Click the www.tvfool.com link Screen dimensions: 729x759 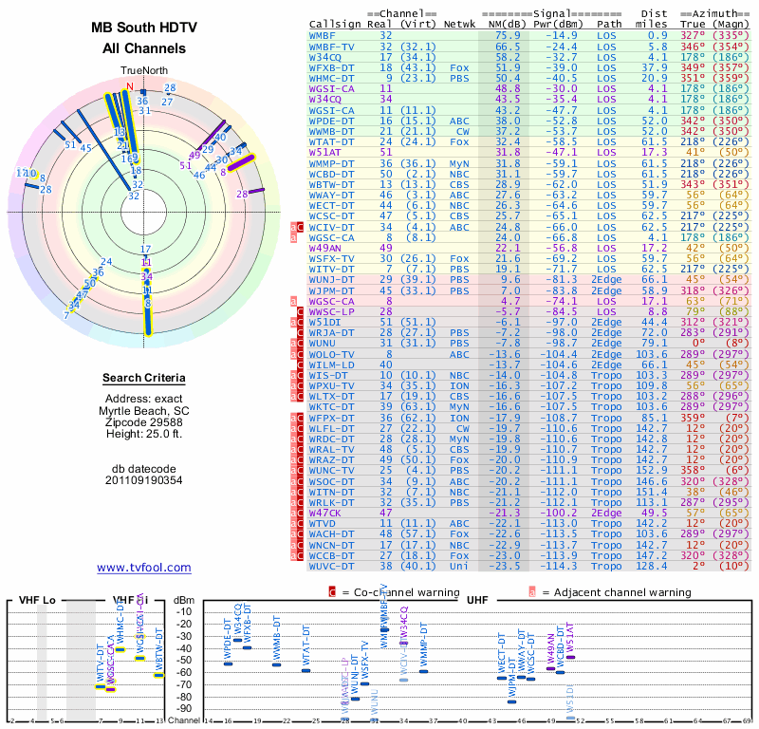(143, 568)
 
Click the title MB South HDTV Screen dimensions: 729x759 (144, 28)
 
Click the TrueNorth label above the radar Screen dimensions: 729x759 (143, 71)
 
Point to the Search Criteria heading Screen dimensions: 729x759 (144, 379)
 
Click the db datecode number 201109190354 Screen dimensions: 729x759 (144, 480)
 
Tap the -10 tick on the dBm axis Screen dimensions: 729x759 (183, 611)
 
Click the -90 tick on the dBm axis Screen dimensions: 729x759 (183, 709)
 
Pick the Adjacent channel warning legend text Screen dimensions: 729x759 (614, 592)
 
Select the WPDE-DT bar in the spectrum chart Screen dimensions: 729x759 (228, 663)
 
